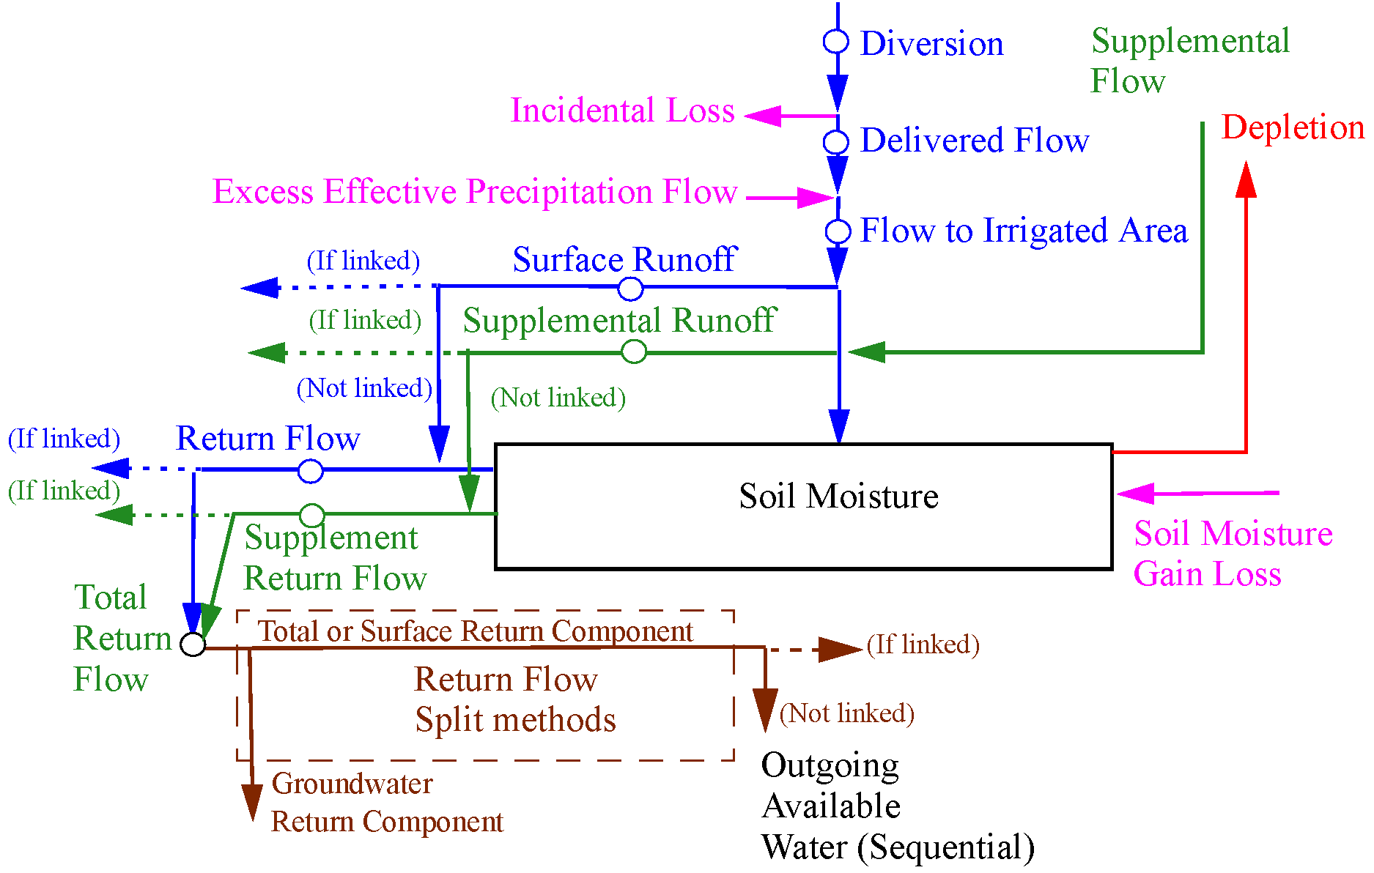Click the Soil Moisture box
(x=803, y=506)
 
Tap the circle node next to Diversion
(x=836, y=42)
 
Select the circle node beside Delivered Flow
(x=836, y=141)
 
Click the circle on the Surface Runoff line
(x=630, y=289)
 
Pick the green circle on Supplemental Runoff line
(x=634, y=352)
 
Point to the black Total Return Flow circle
(x=193, y=644)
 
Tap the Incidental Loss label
(x=622, y=111)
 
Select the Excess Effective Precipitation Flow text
(x=475, y=192)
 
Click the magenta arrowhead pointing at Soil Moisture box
(x=1134, y=494)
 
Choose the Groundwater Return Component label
(x=387, y=803)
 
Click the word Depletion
(x=1293, y=127)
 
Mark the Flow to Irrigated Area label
(x=1024, y=231)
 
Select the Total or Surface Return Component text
(x=475, y=631)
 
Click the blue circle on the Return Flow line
(x=311, y=471)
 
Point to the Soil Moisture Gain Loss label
(x=1233, y=554)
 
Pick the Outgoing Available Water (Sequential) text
(x=897, y=806)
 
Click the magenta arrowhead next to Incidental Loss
(x=762, y=116)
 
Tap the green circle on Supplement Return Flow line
(x=312, y=515)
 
